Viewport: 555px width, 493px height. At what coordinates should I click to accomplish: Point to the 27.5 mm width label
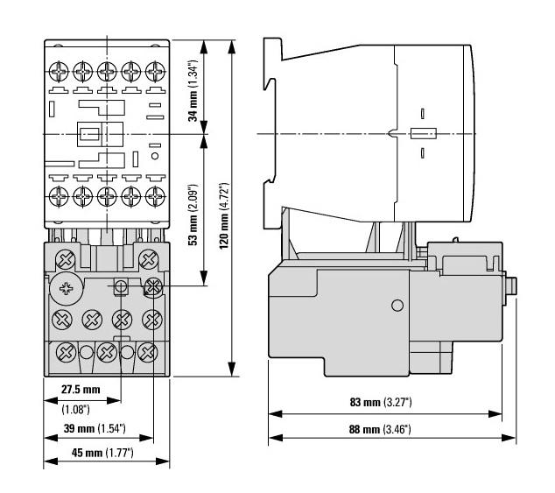[81, 388]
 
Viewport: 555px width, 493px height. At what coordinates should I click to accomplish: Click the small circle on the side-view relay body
[397, 305]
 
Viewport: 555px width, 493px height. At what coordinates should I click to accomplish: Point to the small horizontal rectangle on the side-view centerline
[421, 134]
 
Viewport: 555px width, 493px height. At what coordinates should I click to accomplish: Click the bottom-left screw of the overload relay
[64, 352]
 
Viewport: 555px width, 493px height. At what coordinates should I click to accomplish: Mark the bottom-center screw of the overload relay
[107, 352]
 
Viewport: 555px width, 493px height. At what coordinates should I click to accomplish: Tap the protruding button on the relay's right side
[511, 286]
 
